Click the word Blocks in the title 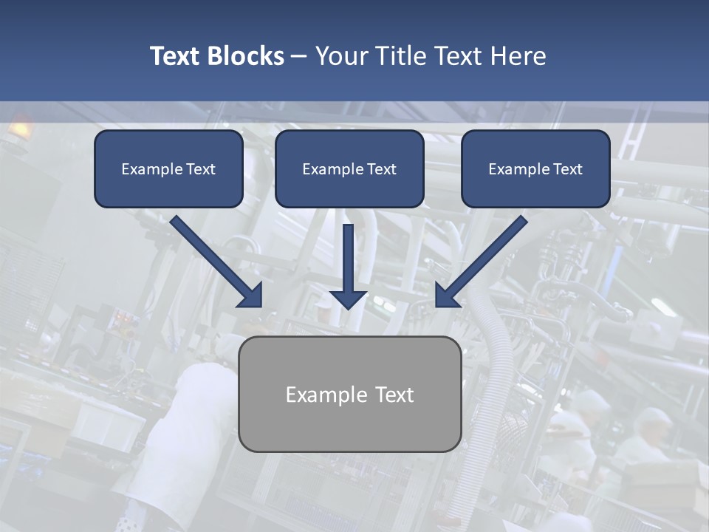(x=245, y=56)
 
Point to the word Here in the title (x=517, y=56)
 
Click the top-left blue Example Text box (x=168, y=168)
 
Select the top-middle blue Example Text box (x=349, y=168)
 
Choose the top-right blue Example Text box (x=535, y=168)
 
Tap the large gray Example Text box (x=350, y=394)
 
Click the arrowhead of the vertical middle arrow (x=349, y=298)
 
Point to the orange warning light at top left (x=20, y=129)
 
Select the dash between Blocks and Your (x=299, y=56)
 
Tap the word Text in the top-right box (x=567, y=169)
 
